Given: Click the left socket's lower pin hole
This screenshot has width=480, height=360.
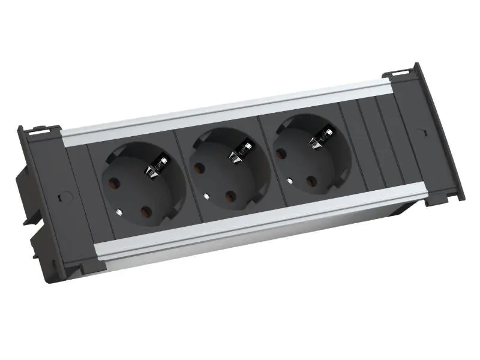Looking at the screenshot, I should point(146,212).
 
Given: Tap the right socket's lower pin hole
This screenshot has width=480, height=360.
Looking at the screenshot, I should point(312,181).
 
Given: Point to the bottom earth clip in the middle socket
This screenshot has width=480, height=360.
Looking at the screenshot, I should point(206,195).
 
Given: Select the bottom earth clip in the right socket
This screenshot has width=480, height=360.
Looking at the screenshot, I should point(290,181).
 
